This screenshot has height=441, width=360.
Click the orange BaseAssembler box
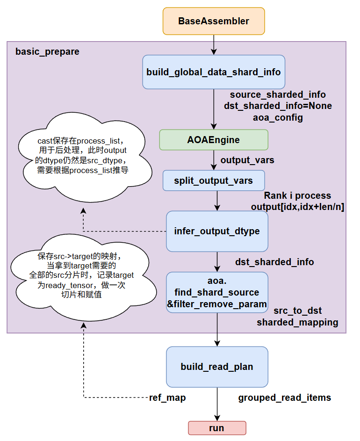[x=214, y=22]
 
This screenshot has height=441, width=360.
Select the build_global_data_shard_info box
[x=214, y=72]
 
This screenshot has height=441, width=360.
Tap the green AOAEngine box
[x=214, y=140]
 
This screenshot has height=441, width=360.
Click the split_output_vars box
[x=214, y=181]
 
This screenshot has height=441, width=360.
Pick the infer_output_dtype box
[x=217, y=231]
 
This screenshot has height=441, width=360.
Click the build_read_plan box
[x=217, y=367]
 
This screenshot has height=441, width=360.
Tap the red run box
[x=217, y=428]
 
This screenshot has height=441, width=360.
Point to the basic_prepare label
[x=47, y=51]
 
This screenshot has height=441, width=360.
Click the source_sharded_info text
[x=278, y=95]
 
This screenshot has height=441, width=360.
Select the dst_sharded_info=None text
[x=278, y=106]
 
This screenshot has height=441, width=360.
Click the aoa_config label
[x=278, y=117]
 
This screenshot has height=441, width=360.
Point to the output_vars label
[x=247, y=160]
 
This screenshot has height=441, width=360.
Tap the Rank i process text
[x=297, y=195]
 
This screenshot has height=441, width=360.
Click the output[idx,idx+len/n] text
[x=297, y=207]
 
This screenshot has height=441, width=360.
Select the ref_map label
[x=167, y=398]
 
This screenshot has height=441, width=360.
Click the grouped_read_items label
[x=284, y=398]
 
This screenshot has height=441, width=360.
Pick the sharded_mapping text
[x=297, y=322]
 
